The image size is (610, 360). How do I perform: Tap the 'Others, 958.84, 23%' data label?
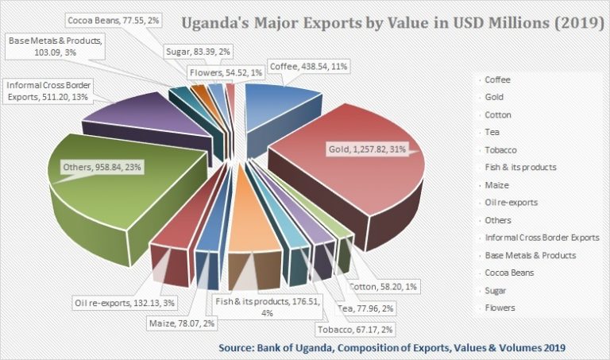(x=100, y=168)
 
